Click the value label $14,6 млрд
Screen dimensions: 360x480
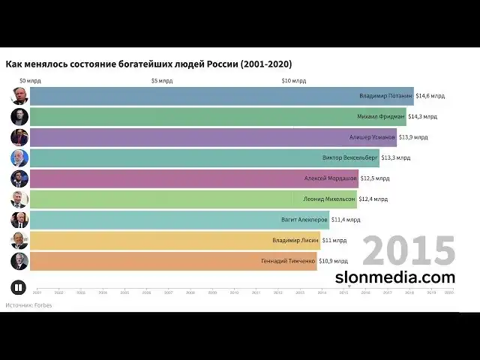tap(430, 96)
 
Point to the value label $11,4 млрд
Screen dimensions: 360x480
tap(346, 220)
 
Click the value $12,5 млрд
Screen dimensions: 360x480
tap(375, 178)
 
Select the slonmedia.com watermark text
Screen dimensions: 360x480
tap(395, 277)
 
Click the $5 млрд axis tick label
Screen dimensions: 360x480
tap(162, 80)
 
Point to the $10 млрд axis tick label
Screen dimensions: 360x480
tap(294, 80)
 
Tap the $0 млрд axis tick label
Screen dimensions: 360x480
tap(31, 80)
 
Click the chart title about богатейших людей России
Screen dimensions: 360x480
tap(148, 64)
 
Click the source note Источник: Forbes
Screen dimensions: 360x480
tap(28, 305)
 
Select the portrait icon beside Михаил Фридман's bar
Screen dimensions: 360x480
tap(19, 116)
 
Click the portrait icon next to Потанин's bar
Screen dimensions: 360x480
tap(19, 96)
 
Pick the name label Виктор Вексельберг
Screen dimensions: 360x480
tap(350, 157)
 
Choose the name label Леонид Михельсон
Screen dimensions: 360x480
tap(325, 199)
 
